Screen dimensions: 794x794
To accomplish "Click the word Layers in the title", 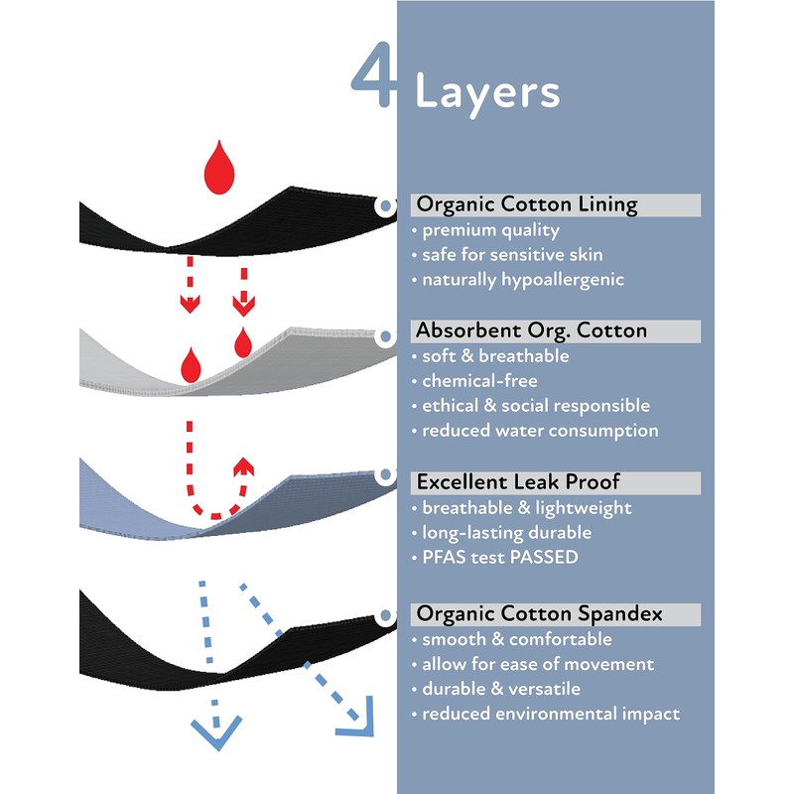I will click(486, 91).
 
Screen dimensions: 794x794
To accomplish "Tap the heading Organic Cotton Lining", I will click(526, 205).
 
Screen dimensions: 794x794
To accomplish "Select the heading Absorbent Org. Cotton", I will click(531, 331).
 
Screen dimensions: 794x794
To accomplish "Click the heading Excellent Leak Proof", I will click(518, 482).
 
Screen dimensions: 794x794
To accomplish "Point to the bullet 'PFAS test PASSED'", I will click(494, 558).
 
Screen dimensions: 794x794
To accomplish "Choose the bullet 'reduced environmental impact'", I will click(545, 714).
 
